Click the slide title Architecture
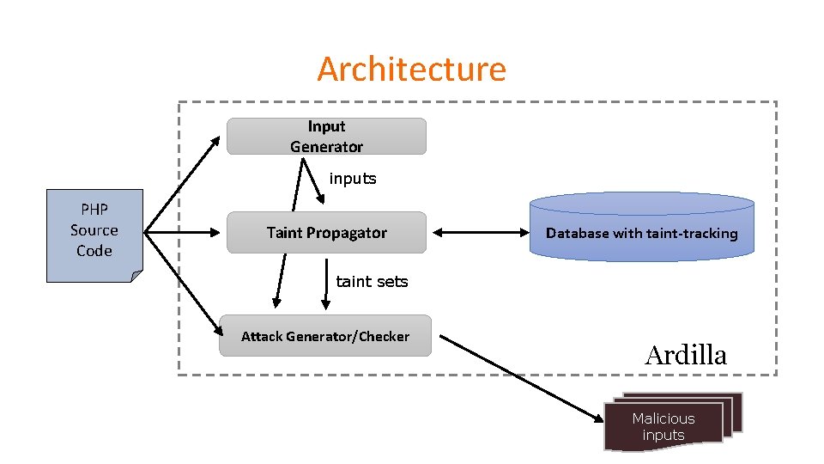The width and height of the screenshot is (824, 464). [x=411, y=69]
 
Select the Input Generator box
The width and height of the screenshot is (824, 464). [x=326, y=137]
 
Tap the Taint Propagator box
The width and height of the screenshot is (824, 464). [x=326, y=233]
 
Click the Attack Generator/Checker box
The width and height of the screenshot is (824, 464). [x=325, y=336]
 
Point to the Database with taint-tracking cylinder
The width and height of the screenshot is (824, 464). [x=641, y=227]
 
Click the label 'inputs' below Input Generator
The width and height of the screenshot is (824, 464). [x=353, y=179]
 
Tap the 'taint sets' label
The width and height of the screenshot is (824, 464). [x=372, y=281]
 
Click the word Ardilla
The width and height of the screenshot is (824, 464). [x=685, y=355]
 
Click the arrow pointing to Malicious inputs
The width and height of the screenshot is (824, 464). [x=524, y=378]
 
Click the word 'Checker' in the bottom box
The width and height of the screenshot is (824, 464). [x=383, y=336]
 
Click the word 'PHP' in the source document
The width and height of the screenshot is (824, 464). [x=94, y=210]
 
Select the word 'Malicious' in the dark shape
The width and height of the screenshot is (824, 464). [x=663, y=418]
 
